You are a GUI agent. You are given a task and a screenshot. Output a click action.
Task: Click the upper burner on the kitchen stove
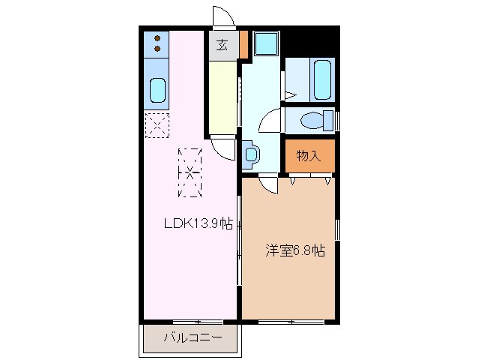(x=158, y=38)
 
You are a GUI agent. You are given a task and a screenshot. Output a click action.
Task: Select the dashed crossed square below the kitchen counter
(x=157, y=124)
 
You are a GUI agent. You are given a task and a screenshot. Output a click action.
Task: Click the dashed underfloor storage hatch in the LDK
(x=190, y=172)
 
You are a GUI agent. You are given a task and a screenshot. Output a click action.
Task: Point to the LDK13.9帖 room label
(x=199, y=223)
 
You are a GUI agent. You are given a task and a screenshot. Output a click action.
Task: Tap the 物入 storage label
(x=308, y=156)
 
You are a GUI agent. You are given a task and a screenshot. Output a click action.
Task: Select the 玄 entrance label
(x=223, y=45)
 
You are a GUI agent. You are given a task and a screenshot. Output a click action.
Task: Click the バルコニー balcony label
(x=193, y=337)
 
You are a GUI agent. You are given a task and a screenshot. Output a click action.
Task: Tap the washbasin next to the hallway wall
(x=251, y=154)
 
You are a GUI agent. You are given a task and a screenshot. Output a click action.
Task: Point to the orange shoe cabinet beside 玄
(x=243, y=45)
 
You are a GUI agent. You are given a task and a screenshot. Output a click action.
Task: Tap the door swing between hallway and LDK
(x=223, y=147)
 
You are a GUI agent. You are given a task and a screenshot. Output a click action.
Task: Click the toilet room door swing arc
(x=270, y=120)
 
